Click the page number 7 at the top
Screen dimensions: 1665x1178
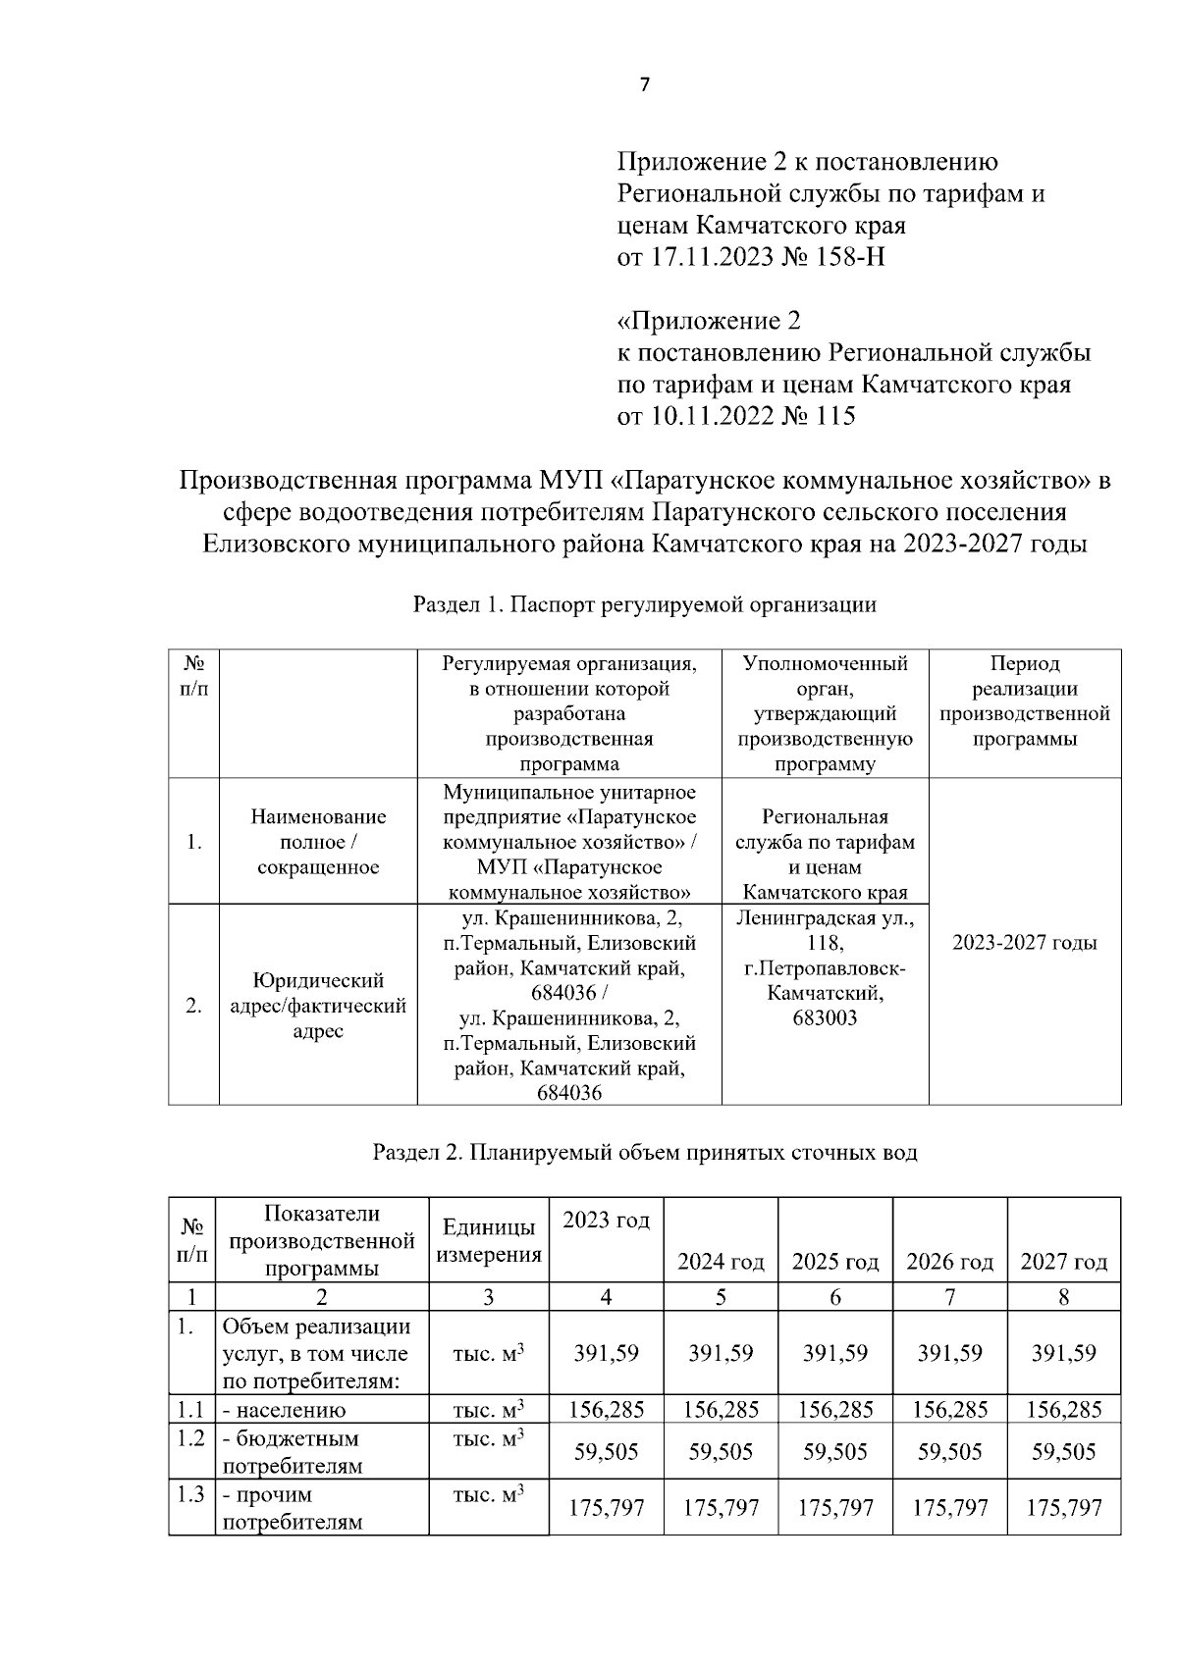[x=644, y=85]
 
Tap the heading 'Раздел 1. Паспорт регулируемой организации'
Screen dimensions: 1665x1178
[x=644, y=604]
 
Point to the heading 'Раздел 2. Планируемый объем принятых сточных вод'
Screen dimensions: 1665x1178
[x=644, y=1152]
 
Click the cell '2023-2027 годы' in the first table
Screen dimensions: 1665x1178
[x=1024, y=943]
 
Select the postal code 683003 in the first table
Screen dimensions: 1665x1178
[x=825, y=1018]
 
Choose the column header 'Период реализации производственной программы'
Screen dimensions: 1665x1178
[x=1024, y=702]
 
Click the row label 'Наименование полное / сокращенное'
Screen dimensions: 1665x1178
[x=318, y=842]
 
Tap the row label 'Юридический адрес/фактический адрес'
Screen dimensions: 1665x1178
[x=318, y=1006]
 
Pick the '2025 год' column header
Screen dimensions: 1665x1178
[x=834, y=1262]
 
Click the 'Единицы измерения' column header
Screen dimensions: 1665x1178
[x=489, y=1241]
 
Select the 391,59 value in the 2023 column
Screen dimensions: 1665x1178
[x=606, y=1353]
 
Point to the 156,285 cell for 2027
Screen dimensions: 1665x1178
[x=1063, y=1410]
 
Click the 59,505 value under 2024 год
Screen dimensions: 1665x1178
[x=721, y=1451]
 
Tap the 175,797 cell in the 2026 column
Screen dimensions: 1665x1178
[x=949, y=1507]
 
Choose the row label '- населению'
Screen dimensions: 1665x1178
[x=285, y=1411]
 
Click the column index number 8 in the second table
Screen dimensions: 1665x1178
[x=1063, y=1297]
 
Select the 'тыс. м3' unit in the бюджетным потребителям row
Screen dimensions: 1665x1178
[x=488, y=1438]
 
